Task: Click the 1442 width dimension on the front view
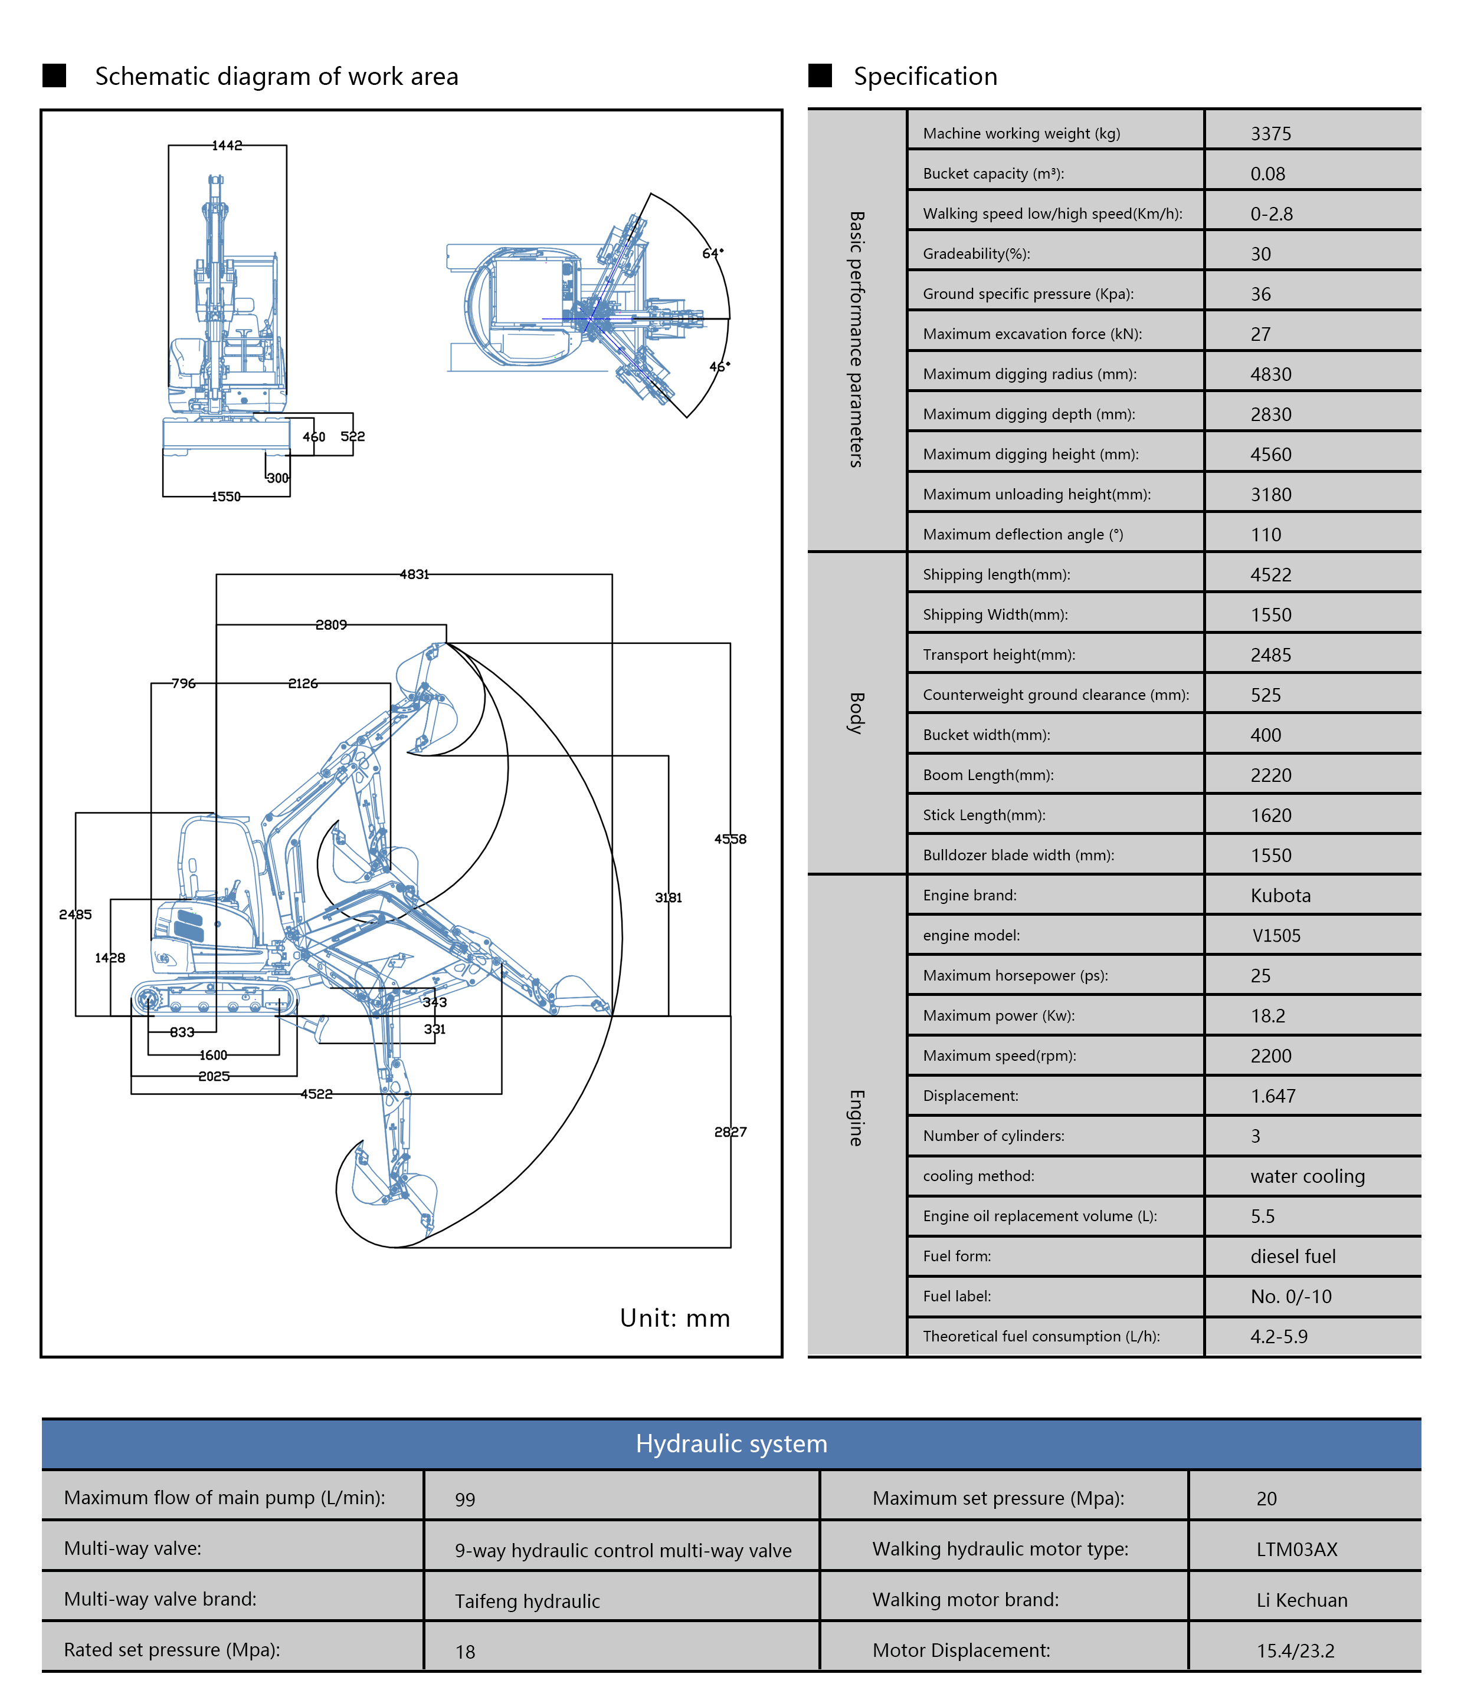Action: (x=227, y=145)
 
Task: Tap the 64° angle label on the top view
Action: (x=712, y=253)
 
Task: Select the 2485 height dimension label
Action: (x=76, y=914)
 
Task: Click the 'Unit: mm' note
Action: (x=674, y=1318)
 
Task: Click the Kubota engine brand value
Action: (x=1280, y=895)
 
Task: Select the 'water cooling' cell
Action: (x=1307, y=1176)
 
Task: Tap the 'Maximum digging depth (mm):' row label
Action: (x=1028, y=415)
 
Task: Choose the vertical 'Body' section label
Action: (x=856, y=712)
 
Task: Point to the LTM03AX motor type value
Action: (x=1296, y=1549)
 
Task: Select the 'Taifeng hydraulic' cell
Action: (x=527, y=1601)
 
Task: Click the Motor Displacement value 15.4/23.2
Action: (x=1295, y=1650)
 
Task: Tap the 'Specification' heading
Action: (x=925, y=76)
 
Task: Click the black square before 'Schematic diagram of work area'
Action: (x=54, y=75)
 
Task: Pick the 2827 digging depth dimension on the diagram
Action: (x=730, y=1132)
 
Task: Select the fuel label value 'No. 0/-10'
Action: (x=1290, y=1297)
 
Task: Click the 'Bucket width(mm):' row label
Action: (x=986, y=735)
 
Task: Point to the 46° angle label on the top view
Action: (x=719, y=366)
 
